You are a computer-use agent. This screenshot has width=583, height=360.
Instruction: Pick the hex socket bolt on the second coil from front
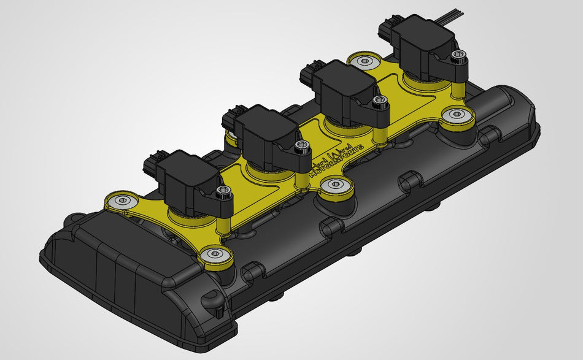pyautogui.click(x=301, y=146)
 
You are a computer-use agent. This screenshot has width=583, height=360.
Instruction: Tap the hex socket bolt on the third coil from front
pyautogui.click(x=382, y=99)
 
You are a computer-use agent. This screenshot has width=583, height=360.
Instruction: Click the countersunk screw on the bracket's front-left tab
pyautogui.click(x=123, y=200)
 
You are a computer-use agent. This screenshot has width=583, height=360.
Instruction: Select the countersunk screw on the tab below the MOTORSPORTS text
pyautogui.click(x=335, y=183)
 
